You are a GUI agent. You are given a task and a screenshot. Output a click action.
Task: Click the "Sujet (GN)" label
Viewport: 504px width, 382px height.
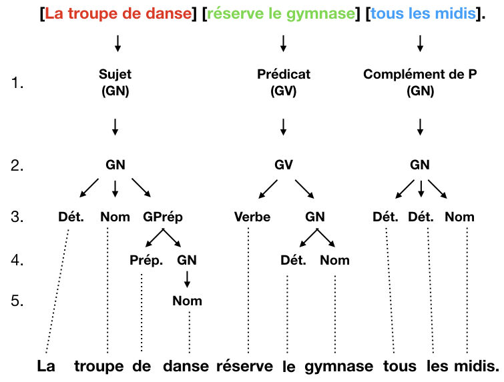click(x=115, y=83)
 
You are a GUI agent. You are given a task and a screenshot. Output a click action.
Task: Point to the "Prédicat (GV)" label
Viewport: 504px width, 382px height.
click(x=284, y=83)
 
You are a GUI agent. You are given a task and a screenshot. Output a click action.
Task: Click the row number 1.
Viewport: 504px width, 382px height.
click(x=17, y=83)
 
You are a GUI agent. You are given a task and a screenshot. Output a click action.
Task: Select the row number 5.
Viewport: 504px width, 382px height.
click(x=17, y=301)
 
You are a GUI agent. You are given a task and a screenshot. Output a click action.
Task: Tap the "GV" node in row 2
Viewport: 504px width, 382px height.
click(x=284, y=165)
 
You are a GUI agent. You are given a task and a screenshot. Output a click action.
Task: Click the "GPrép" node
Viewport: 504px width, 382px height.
click(x=163, y=217)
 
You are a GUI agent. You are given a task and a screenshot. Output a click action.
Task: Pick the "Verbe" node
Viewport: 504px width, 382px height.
click(x=252, y=217)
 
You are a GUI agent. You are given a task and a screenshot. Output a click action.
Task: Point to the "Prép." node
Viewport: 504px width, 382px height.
click(x=146, y=260)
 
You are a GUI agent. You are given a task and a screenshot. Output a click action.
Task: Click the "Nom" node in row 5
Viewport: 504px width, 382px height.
click(x=187, y=301)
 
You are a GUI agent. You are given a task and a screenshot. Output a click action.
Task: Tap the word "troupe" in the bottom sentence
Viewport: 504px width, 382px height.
click(x=99, y=366)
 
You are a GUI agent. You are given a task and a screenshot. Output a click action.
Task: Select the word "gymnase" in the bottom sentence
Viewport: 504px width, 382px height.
click(x=340, y=366)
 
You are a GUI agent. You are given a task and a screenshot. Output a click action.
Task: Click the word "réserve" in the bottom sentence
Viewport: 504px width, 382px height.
click(x=245, y=366)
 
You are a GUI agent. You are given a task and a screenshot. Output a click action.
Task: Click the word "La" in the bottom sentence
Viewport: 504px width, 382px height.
click(x=45, y=366)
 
